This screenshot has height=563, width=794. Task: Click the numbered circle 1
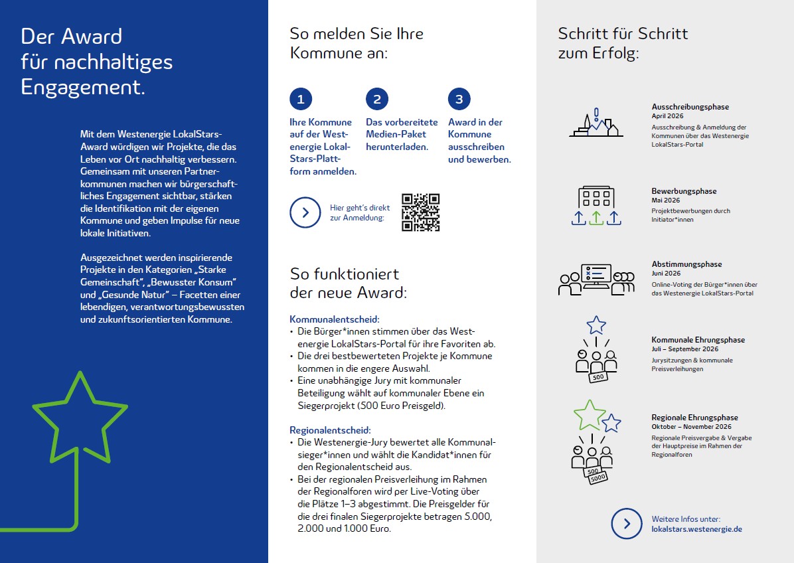[x=301, y=100]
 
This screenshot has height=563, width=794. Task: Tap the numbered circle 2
[x=376, y=100]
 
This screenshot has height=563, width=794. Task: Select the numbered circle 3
[x=459, y=100]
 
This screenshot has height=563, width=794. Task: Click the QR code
[x=421, y=212]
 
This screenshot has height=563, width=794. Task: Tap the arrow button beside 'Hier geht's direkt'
[x=305, y=212]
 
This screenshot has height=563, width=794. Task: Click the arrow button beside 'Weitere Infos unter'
[x=627, y=524]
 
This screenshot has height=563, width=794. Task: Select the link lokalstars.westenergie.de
[x=696, y=529]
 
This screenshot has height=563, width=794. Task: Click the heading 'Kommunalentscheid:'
[x=335, y=319]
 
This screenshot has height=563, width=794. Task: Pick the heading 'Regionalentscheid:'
[x=330, y=430]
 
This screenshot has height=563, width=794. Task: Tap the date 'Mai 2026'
[x=665, y=200]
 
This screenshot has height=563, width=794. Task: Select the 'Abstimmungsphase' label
[x=686, y=264]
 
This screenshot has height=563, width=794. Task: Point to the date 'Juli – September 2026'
[x=684, y=349]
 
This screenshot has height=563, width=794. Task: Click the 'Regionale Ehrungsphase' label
[x=694, y=418]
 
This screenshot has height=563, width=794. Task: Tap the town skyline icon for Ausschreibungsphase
[x=596, y=124]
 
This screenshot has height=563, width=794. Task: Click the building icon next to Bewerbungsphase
[x=596, y=198]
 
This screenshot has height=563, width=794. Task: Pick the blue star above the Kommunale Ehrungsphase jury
[x=596, y=325]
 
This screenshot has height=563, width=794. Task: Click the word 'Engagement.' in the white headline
[x=83, y=88]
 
